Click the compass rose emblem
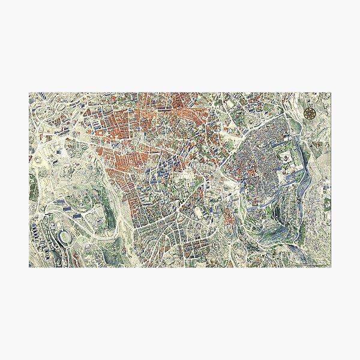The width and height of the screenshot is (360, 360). click(311, 112)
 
